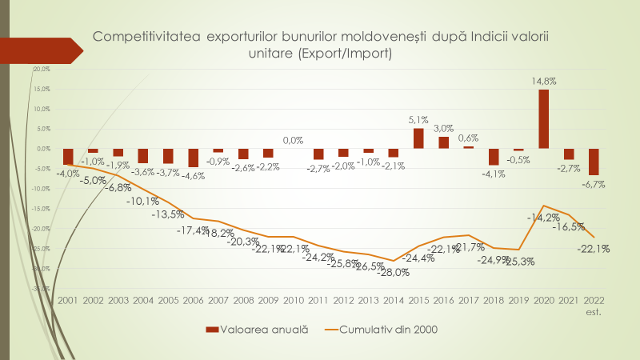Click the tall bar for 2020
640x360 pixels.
point(543,118)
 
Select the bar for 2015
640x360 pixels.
point(418,138)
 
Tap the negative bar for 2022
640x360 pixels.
point(594,162)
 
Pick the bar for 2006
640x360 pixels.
point(194,158)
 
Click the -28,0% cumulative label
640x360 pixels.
point(394,273)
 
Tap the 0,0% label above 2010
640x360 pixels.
point(293,140)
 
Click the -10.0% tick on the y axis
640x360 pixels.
point(41,189)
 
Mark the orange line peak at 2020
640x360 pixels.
point(543,206)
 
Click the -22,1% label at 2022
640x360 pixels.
point(594,249)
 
